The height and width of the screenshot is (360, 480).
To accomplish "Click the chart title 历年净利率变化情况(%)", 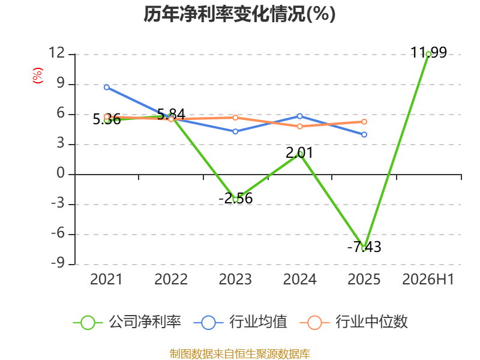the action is pos(239,14).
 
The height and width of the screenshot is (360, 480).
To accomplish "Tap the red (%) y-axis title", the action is pos(38,76).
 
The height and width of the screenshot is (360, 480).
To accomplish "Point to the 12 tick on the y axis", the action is pos(57,53).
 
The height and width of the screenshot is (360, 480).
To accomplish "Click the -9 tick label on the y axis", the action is pos(58,263).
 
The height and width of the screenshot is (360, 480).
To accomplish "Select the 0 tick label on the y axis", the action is pos(61,173).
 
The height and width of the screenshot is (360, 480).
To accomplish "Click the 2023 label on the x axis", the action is pos(235,279).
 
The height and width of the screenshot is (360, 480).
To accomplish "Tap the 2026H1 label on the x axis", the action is pos(428,279).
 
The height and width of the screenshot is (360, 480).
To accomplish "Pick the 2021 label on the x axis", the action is pos(106,279).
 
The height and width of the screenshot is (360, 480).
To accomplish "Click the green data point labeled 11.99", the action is pos(428,54).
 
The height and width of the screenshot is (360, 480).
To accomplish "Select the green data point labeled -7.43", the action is pos(364,248).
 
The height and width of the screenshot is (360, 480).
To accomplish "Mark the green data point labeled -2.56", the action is pos(235,200).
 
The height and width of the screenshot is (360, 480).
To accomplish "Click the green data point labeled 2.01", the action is pos(299,154).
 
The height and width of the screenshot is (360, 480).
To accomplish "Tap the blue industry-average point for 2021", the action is pos(107,87).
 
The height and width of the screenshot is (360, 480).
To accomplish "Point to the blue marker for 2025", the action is pos(364,134).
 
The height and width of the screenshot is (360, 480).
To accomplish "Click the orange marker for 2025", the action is pos(364,122).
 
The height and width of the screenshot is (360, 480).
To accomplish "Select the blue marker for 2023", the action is pos(235,131).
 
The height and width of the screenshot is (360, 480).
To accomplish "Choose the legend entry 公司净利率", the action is pos(127,322).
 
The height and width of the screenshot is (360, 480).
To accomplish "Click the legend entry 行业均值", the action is pos(241,322).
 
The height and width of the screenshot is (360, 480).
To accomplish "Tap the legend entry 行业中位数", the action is pos(353,322).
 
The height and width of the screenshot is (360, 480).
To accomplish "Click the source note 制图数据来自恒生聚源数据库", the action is pos(239,354).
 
